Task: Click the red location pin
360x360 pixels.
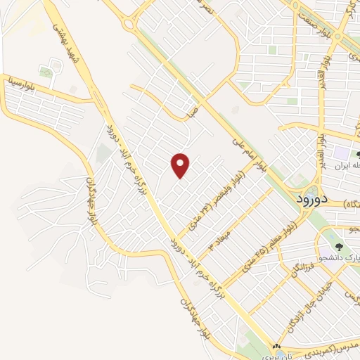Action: (x=181, y=166)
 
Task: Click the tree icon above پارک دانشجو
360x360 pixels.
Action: (x=340, y=247)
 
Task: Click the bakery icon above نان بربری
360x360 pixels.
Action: (x=276, y=346)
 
